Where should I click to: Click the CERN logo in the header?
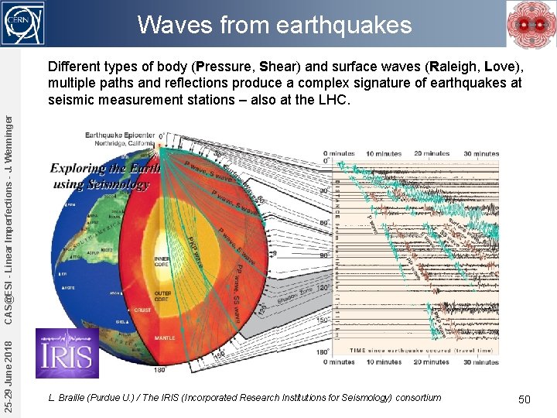point(24,22)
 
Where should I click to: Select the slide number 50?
point(524,399)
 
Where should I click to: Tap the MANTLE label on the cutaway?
point(165,337)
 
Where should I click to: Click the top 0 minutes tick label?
point(340,153)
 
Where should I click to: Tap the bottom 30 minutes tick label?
point(481,362)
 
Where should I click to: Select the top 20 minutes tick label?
point(432,153)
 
